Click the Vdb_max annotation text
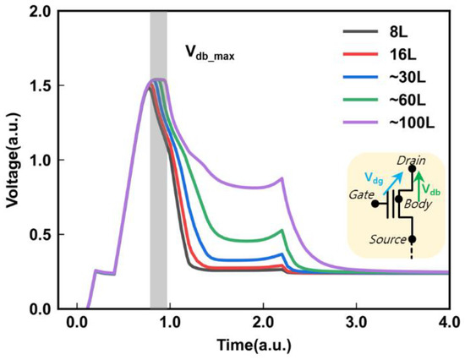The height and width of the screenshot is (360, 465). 210,54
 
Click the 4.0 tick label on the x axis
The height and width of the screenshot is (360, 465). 449,322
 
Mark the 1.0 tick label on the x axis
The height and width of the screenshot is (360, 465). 170,322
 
